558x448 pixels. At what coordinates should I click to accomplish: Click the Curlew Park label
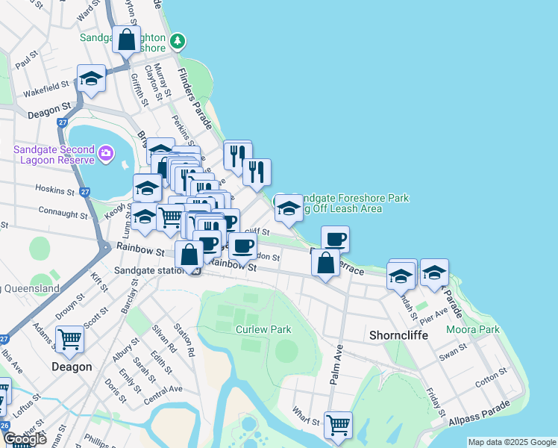click(x=263, y=329)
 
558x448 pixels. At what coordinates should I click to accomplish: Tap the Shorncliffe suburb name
click(x=399, y=335)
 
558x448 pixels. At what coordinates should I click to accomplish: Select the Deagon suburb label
click(x=72, y=367)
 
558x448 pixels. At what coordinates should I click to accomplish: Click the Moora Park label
click(x=473, y=329)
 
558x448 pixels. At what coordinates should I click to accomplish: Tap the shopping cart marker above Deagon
click(x=69, y=340)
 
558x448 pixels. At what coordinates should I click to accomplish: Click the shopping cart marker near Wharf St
click(x=338, y=425)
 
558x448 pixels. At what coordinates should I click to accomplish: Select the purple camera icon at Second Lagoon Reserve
click(x=106, y=153)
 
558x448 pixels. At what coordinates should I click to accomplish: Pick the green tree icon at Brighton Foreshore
click(x=177, y=40)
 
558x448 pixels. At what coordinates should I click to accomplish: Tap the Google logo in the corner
click(x=25, y=439)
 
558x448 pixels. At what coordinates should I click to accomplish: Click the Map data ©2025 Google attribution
click(x=512, y=442)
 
